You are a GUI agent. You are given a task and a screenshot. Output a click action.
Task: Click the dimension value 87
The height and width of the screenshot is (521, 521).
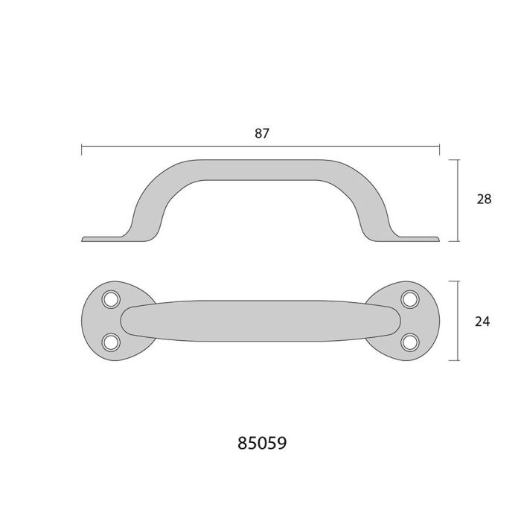point(260,134)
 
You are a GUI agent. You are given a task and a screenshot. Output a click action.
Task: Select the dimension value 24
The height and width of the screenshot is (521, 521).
point(483,322)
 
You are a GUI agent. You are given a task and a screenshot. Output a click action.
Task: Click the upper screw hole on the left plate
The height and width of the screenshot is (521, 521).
point(112,299)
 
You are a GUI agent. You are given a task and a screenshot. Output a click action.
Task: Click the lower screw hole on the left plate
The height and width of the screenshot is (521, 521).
point(112,341)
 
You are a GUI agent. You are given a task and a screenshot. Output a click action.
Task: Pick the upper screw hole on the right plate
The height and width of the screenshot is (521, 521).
point(409,299)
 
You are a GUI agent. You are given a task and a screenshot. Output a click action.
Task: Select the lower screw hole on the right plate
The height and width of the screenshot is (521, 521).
point(409,341)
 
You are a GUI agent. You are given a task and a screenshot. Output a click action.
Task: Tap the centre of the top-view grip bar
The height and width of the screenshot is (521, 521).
point(260,320)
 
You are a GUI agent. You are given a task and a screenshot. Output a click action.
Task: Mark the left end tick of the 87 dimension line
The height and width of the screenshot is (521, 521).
point(81,149)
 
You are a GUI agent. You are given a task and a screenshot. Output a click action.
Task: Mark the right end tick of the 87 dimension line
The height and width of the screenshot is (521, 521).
point(440,149)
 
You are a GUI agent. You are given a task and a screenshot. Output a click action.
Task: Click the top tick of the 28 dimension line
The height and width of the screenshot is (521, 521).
point(456,159)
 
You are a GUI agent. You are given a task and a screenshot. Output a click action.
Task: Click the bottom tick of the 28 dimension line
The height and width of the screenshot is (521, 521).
point(456,241)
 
